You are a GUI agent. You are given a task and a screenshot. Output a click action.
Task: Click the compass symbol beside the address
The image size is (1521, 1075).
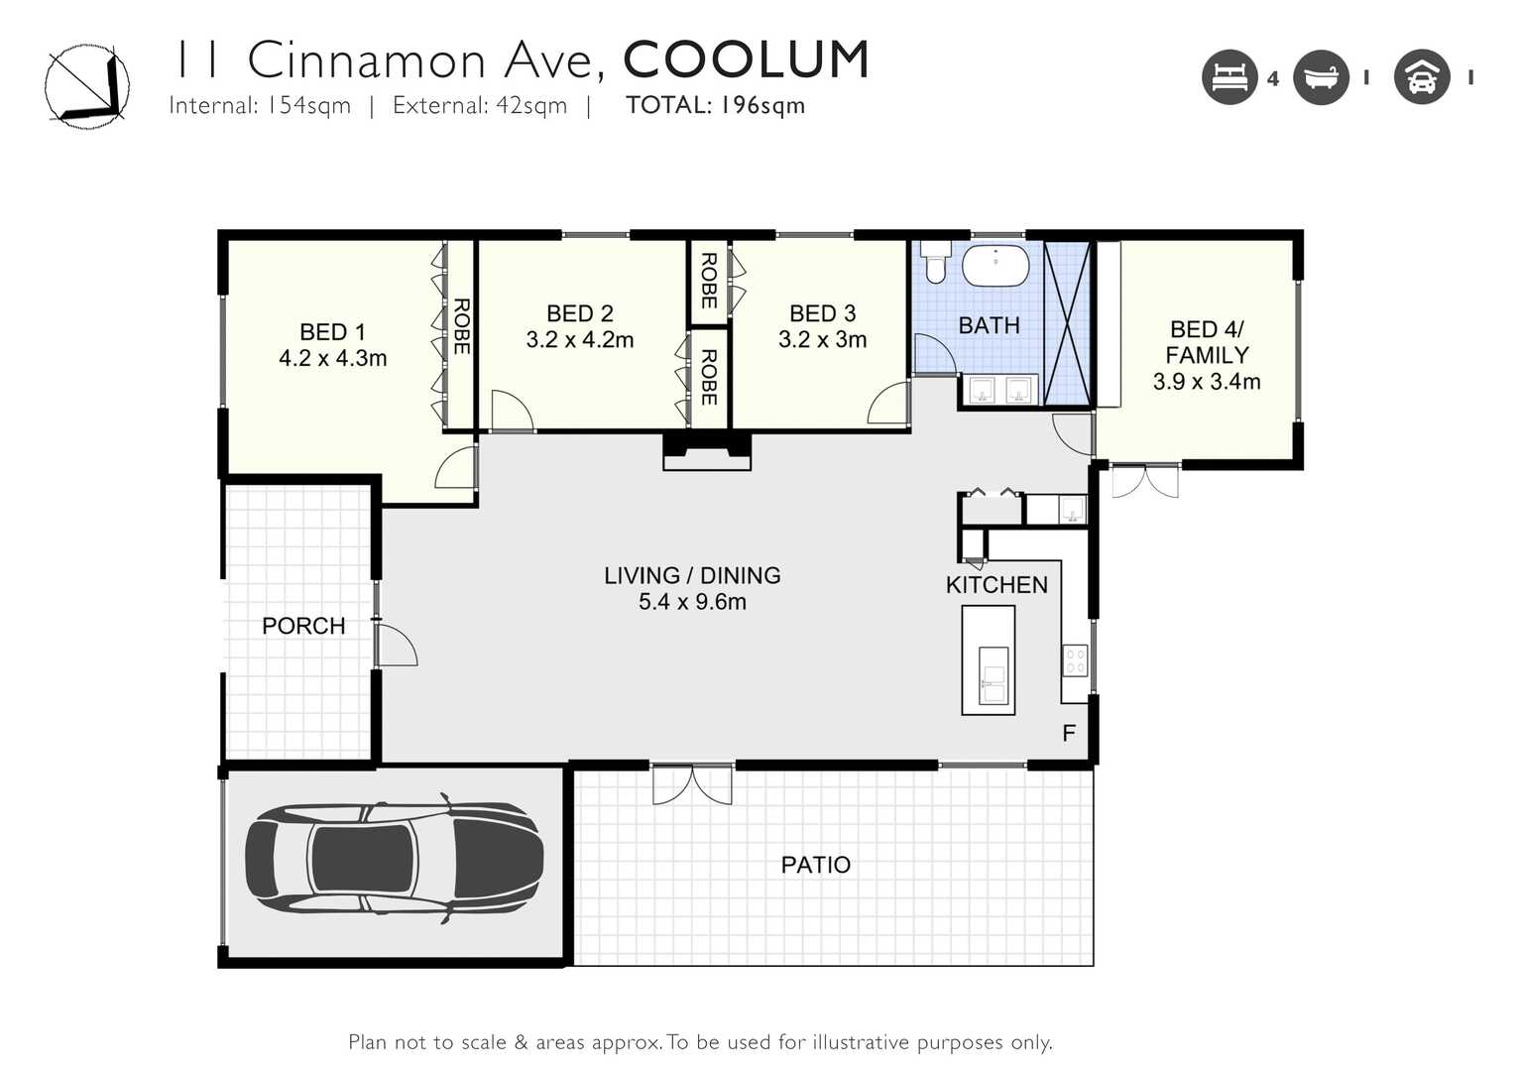(x=87, y=86)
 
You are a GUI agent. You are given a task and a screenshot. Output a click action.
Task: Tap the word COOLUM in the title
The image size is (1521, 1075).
(x=747, y=60)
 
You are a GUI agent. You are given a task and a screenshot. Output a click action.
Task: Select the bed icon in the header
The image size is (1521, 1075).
(x=1229, y=77)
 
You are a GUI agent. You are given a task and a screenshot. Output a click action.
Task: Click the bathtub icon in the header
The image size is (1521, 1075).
(x=1321, y=77)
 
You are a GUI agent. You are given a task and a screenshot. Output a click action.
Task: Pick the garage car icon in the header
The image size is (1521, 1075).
(x=1422, y=77)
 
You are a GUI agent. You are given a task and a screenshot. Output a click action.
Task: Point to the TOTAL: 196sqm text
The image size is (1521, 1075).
(x=715, y=105)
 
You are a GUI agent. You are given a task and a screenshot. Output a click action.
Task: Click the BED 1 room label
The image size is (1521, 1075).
(x=333, y=332)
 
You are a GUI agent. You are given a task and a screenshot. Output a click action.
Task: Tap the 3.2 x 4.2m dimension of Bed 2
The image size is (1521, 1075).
(x=580, y=339)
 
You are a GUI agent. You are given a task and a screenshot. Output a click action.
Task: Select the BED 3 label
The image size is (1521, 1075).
(x=822, y=313)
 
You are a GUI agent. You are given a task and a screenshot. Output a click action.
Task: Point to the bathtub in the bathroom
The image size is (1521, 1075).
(x=995, y=266)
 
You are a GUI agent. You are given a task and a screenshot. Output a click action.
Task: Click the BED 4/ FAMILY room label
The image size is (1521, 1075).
(x=1207, y=342)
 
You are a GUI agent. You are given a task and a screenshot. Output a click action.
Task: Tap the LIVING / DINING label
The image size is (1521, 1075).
(x=692, y=576)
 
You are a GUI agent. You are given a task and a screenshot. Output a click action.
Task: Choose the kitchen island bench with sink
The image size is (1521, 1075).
(x=988, y=660)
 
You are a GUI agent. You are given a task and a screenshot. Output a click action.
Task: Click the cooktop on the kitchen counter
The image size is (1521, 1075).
(x=1076, y=660)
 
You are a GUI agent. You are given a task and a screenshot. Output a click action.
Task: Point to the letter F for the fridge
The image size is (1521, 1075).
(x=1069, y=733)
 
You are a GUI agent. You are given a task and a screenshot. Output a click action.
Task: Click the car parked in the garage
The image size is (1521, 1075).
(x=394, y=859)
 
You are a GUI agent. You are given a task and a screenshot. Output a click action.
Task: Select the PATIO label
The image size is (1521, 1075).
(x=815, y=865)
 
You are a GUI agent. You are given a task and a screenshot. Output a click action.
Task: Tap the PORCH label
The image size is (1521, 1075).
(x=303, y=626)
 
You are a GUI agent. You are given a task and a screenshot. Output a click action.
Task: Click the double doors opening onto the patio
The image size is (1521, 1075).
(x=693, y=784)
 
